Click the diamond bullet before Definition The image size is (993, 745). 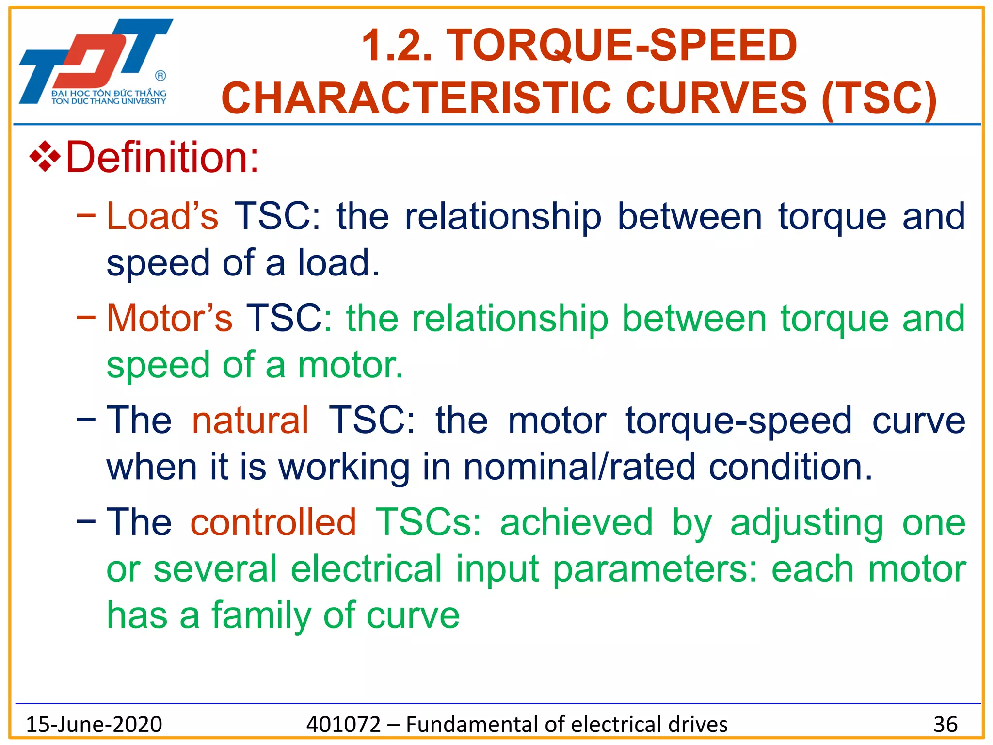click(45, 157)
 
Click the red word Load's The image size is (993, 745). click(162, 216)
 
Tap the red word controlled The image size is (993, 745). click(273, 522)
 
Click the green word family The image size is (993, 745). click(261, 615)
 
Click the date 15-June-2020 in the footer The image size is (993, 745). click(94, 724)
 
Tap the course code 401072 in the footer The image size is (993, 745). click(344, 724)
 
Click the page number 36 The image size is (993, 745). click(945, 724)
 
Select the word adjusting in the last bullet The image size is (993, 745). click(807, 523)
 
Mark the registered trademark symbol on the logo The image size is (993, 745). click(160, 76)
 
